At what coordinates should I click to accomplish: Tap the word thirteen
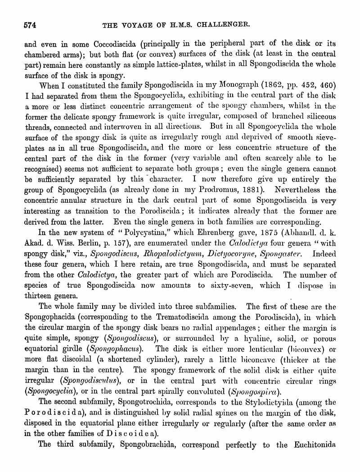click(x=39, y=296)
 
